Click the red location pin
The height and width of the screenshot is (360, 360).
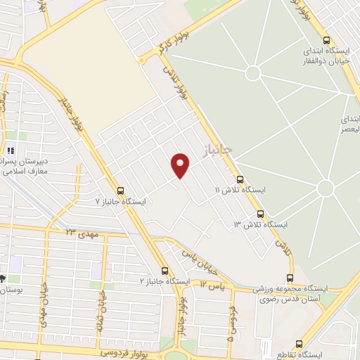(x=181, y=165)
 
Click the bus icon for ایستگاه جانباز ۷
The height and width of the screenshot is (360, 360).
(x=120, y=190)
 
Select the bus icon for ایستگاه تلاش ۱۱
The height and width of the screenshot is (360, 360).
(x=240, y=180)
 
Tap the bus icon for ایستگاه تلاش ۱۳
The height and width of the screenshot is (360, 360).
(x=260, y=214)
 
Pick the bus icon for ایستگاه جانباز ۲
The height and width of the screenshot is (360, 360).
(x=165, y=271)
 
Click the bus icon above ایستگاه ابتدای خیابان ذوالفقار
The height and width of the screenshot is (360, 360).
(x=326, y=40)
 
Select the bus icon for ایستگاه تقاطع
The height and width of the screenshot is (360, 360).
(x=300, y=345)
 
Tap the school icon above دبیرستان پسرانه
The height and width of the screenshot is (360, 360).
(x=11, y=150)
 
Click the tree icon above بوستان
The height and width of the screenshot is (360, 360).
(x=3, y=279)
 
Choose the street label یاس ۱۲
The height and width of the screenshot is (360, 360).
(x=212, y=285)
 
